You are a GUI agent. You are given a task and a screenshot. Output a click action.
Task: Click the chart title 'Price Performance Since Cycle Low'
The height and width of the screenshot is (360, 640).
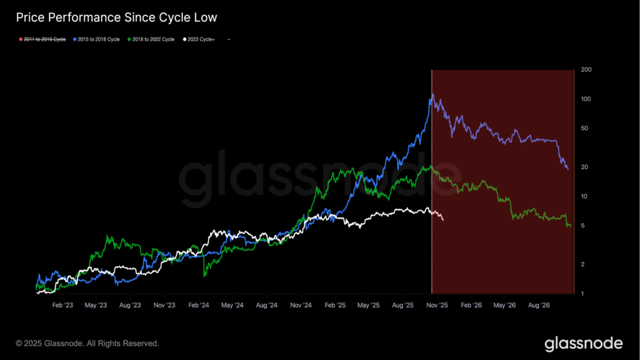pos(116,17)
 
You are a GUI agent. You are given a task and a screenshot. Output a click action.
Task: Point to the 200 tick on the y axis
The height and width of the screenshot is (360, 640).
pos(586,70)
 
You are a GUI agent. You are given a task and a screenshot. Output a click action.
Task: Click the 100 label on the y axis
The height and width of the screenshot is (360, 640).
pos(586,99)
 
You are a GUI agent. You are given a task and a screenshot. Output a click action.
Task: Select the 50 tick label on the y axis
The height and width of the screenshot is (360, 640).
pos(584,128)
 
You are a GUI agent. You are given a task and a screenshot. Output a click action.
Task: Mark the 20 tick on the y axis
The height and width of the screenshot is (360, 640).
pos(584,167)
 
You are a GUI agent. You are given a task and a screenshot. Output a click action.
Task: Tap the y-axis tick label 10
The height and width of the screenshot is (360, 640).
pos(584,196)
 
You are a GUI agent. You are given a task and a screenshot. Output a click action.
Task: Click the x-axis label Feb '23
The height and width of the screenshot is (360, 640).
pos(62,305)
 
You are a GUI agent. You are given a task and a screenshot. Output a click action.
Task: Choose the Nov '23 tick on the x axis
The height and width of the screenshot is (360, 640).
pos(164,305)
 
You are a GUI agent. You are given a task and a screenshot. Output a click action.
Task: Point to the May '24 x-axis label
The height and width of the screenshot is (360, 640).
pos(232,305)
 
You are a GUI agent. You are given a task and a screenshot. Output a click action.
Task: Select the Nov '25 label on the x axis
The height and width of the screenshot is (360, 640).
pos(437,305)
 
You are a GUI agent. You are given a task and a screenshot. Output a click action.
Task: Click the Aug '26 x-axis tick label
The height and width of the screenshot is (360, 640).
pos(539,305)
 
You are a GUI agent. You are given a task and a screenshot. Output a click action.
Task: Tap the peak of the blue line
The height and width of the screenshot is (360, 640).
pos(433,94)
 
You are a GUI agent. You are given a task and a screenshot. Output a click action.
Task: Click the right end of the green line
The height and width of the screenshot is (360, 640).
pos(571,226)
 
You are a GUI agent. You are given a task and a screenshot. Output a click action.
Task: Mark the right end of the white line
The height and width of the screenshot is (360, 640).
pos(443,220)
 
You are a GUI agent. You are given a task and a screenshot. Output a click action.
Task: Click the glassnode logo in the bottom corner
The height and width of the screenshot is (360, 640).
pos(583,344)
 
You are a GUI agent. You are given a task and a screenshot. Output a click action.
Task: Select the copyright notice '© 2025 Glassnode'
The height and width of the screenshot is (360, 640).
pos(87,343)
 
